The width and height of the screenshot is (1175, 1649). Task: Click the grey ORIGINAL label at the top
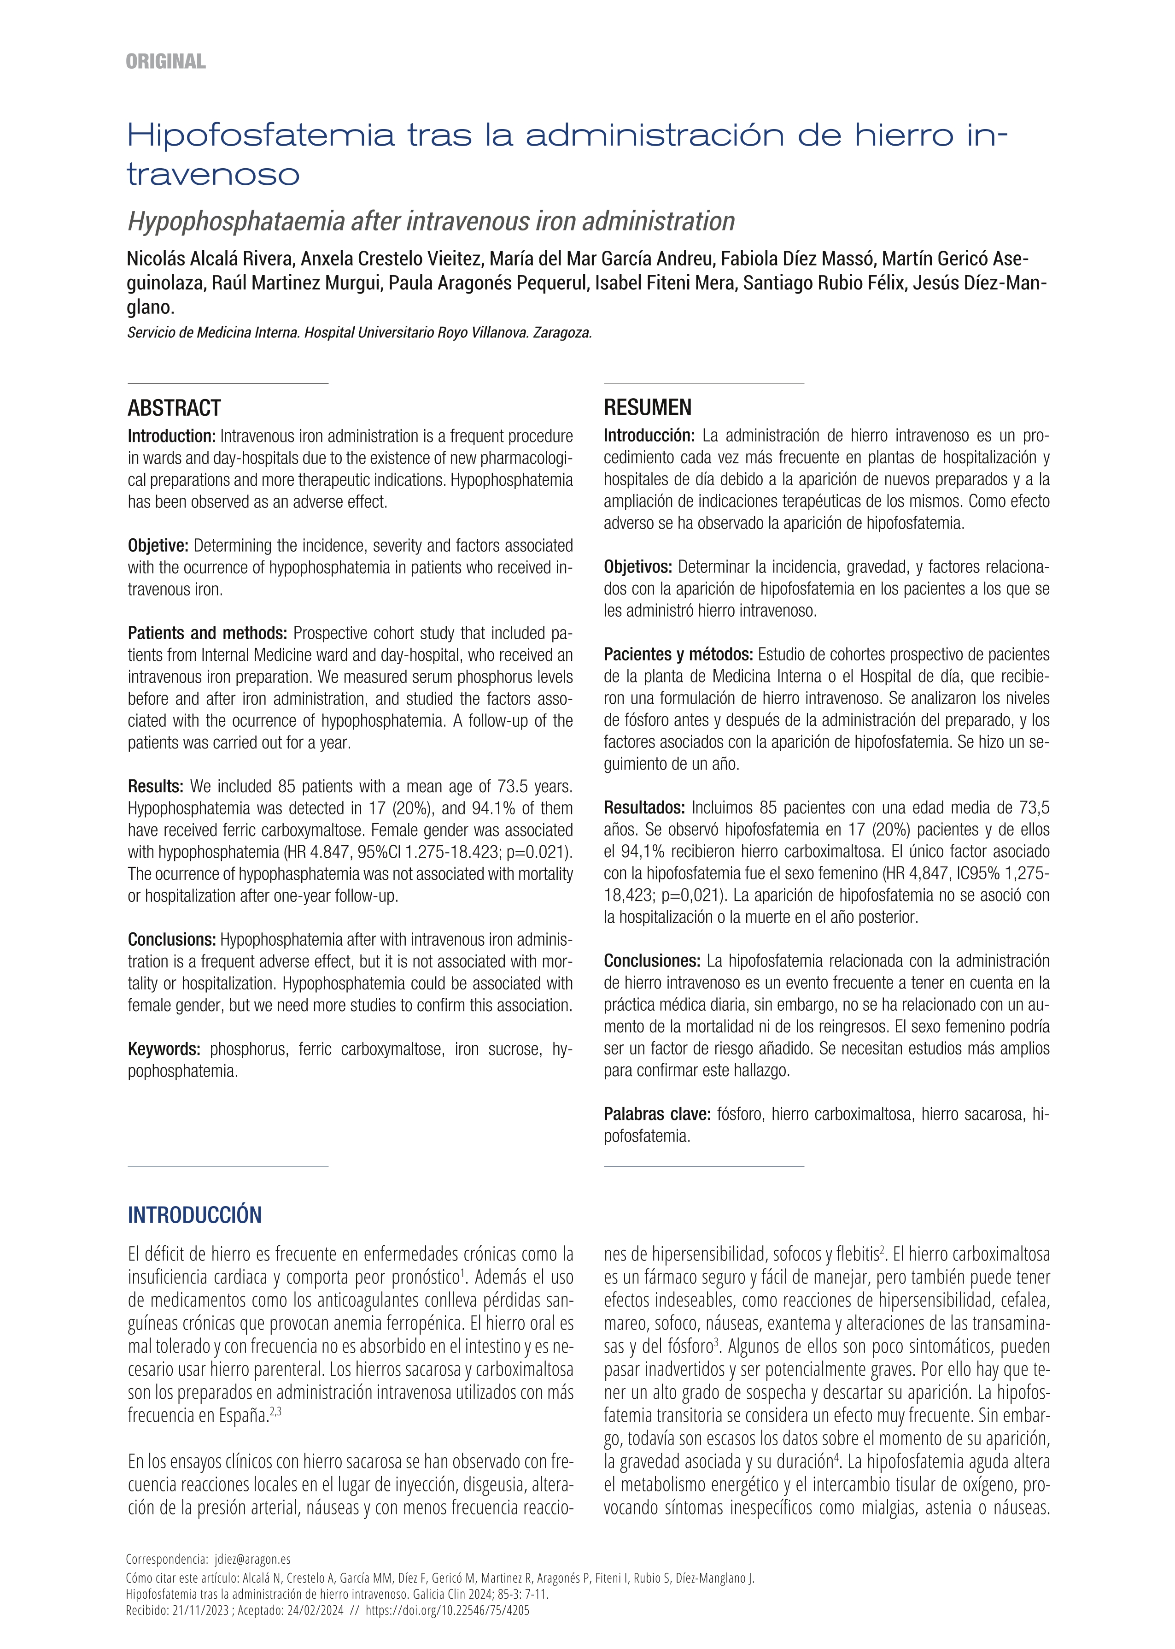click(x=166, y=62)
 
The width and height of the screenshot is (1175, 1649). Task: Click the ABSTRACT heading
click(x=175, y=408)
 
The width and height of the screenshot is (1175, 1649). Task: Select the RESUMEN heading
click(x=648, y=407)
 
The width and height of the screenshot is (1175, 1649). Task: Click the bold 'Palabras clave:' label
click(x=658, y=1114)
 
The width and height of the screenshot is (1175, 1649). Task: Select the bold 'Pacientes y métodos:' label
click(x=678, y=654)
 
